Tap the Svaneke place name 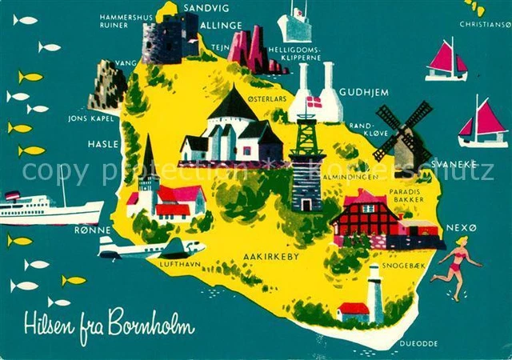point(454,164)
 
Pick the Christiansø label point(485,24)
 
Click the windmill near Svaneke point(404,134)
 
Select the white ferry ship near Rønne point(50,211)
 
